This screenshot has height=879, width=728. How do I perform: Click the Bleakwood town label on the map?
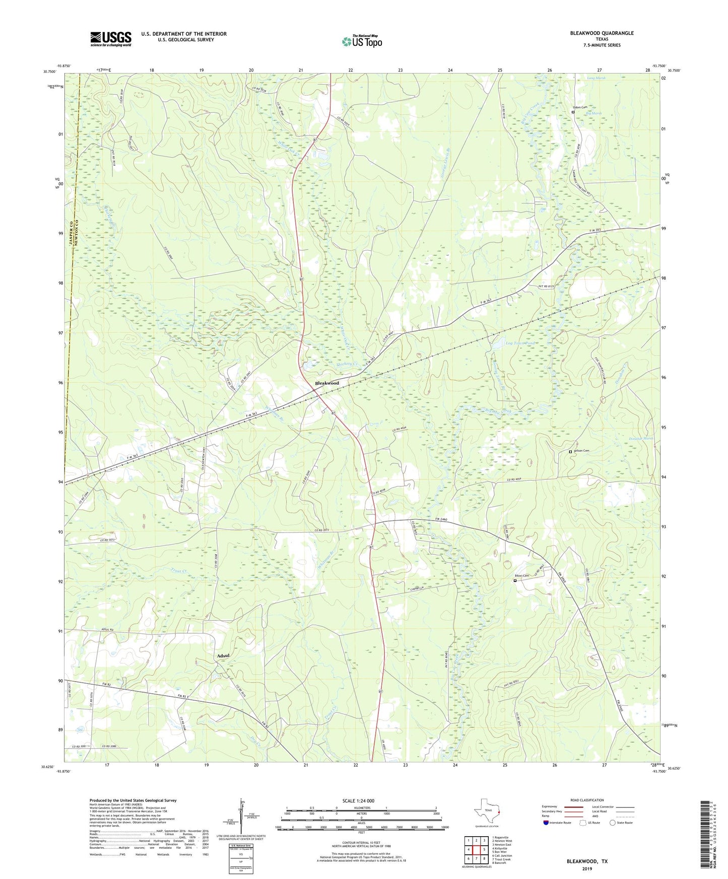coord(326,383)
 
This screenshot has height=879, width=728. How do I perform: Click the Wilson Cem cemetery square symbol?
coord(570,452)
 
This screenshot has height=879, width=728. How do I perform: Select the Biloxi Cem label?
coord(522,576)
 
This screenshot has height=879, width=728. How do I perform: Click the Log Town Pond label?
coord(520,343)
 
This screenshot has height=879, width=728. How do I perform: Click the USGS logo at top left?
coord(110,39)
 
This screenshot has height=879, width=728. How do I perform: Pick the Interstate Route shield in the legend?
coord(547,823)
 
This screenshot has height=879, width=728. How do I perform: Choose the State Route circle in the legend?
coord(612,823)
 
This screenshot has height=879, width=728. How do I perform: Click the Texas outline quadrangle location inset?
coord(487,811)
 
